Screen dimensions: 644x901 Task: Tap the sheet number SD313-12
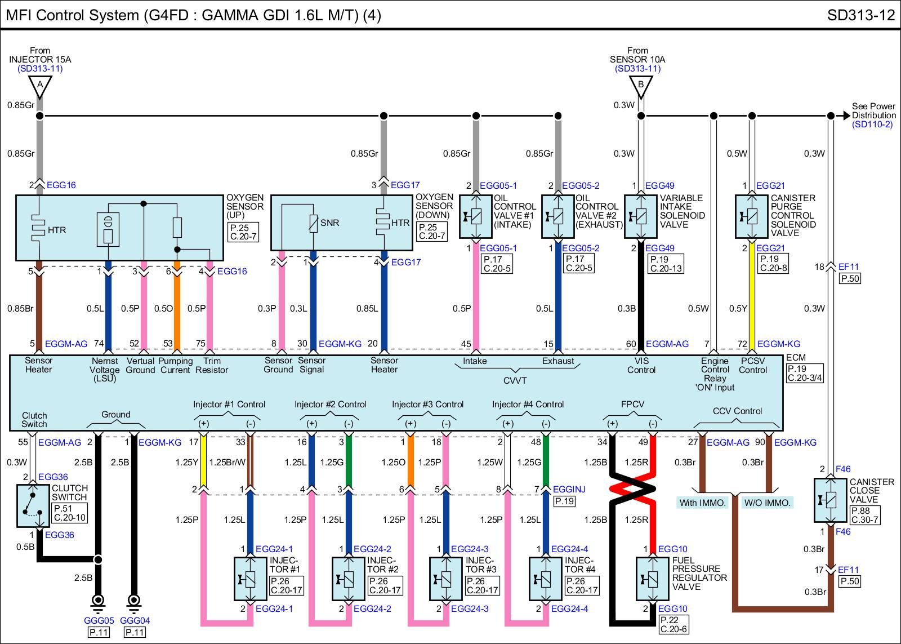[860, 15]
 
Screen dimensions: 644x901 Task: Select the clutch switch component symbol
[33, 505]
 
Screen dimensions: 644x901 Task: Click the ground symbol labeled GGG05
[98, 602]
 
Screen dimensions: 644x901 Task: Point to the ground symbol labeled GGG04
[134, 602]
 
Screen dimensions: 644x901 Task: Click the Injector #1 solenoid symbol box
[251, 579]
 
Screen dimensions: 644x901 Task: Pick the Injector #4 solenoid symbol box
[546, 579]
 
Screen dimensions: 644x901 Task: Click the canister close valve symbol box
[831, 500]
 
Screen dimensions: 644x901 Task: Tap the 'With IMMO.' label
[702, 503]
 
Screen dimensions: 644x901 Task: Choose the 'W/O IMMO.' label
[768, 503]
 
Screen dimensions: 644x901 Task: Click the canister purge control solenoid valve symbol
[752, 216]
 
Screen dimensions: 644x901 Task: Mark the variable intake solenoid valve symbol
[641, 216]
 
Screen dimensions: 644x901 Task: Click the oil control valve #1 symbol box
[476, 216]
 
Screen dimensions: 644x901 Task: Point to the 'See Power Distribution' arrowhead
[846, 116]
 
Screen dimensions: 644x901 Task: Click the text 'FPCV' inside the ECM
[632, 404]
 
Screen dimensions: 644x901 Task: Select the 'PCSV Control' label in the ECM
[753, 366]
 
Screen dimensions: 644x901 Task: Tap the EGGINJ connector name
[569, 489]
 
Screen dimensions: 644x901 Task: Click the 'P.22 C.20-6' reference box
[673, 624]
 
